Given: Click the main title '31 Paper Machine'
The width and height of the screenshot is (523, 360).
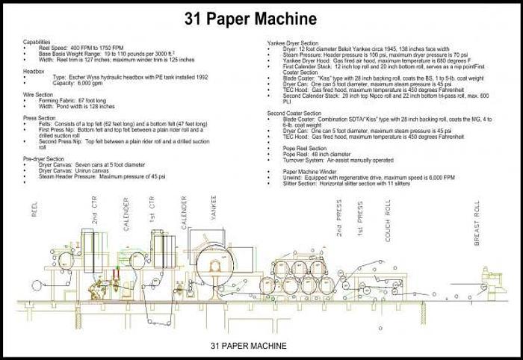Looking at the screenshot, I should [261, 18].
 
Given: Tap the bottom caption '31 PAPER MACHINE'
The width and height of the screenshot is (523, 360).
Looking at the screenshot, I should [248, 346].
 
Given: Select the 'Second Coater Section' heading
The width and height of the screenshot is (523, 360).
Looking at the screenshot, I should [296, 112].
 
